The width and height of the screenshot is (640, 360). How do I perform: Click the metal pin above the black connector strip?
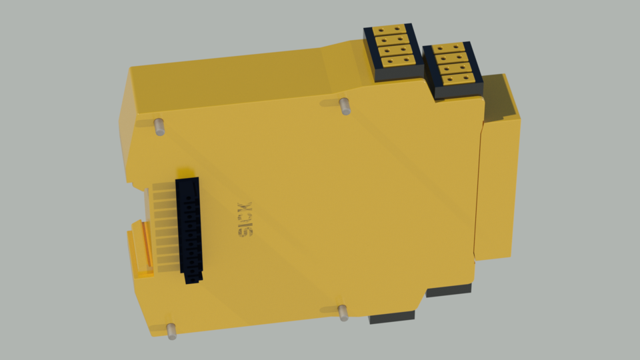[x=159, y=126]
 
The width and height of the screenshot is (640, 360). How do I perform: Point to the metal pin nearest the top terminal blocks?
[x=345, y=105]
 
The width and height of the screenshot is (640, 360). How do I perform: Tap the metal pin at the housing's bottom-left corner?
[x=171, y=331]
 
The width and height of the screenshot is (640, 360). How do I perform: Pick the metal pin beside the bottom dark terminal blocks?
[x=343, y=312]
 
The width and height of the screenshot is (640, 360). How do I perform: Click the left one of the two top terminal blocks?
[x=393, y=52]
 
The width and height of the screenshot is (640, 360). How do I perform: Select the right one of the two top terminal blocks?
[x=453, y=69]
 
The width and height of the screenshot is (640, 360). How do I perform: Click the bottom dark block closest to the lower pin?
[x=391, y=317]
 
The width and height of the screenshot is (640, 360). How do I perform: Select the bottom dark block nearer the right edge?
[x=449, y=290]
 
